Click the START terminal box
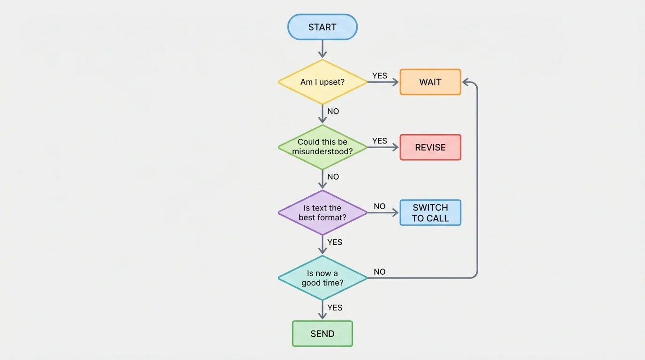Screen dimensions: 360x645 tap(322, 27)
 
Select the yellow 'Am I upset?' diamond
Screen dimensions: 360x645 tap(322, 82)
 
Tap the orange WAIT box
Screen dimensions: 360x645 tap(430, 82)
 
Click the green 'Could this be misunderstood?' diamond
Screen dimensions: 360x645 tap(322, 147)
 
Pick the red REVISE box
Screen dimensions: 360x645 tap(430, 147)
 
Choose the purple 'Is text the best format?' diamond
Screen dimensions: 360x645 tap(322, 213)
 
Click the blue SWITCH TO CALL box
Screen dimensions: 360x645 tap(430, 213)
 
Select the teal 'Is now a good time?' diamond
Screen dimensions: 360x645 tap(322, 278)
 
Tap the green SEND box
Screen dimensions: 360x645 tap(322, 334)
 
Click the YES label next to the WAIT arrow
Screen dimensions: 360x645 tap(380, 75)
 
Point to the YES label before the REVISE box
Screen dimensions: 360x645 tap(380, 141)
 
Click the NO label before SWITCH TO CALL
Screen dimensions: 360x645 tap(380, 206)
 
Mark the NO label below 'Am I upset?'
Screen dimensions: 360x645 tap(333, 112)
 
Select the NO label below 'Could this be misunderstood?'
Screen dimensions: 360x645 tap(333, 177)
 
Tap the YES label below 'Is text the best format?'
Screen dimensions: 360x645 tap(335, 242)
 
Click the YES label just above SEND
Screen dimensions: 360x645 tap(335, 307)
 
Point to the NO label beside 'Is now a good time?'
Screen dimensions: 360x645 tap(380, 272)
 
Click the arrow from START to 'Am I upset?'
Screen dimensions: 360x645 tap(322, 49)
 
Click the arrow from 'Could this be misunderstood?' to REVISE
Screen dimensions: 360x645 tap(382, 147)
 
